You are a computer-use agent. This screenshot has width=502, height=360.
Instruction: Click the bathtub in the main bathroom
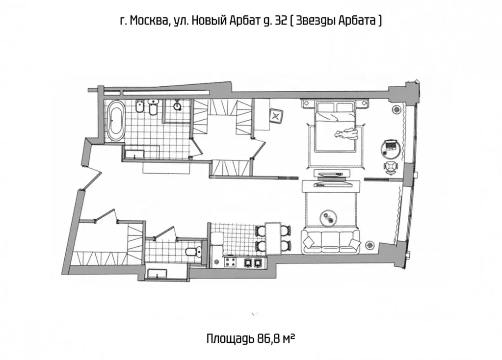tap(116, 121)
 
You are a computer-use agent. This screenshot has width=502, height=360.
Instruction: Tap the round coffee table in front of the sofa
tap(328, 217)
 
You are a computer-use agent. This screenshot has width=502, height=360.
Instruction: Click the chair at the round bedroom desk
tap(390, 167)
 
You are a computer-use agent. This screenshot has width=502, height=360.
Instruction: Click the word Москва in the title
tap(147, 21)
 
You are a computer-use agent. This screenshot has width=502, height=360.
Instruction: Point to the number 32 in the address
tap(281, 21)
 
